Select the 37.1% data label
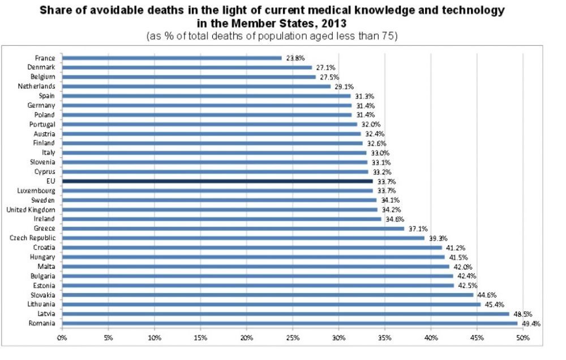pyautogui.click(x=417, y=228)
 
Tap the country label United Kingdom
pyautogui.click(x=31, y=209)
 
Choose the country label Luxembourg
pyautogui.click(x=37, y=191)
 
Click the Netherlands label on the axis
pyautogui.click(x=37, y=86)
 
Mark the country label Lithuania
pyautogui.click(x=38, y=304)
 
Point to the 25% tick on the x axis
pyautogui.click(x=293, y=338)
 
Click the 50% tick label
pyautogui.click(x=522, y=338)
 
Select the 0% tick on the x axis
pyautogui.click(x=62, y=338)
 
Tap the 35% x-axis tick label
pyautogui.click(x=385, y=338)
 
